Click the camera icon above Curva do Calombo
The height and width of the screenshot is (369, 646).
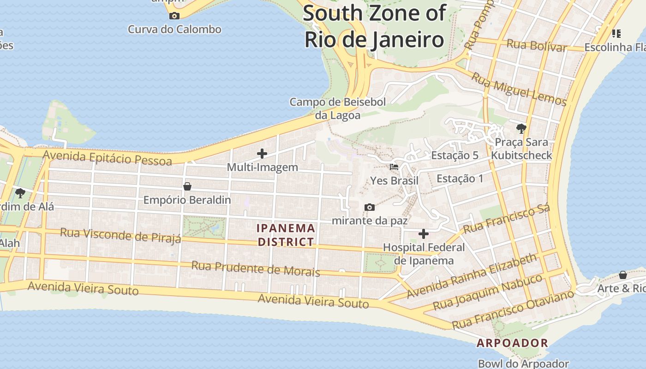tap(174, 16)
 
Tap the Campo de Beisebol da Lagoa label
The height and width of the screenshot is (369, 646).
tap(337, 108)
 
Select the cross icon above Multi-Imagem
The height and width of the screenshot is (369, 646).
tap(262, 154)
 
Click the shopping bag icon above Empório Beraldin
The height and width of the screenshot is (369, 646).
tap(187, 186)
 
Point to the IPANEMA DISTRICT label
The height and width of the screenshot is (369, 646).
tap(286, 235)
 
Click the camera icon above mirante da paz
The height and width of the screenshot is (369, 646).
tap(369, 208)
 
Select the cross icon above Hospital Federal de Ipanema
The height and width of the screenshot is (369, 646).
tap(423, 234)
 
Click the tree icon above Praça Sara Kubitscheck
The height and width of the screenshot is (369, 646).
tap(521, 128)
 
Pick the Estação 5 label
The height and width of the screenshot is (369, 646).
tap(455, 155)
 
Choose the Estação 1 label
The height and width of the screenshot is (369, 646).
tap(460, 179)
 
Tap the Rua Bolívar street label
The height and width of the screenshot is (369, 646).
tap(537, 45)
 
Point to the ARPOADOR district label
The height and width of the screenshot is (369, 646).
tap(512, 343)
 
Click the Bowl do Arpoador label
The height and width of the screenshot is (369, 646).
tap(523, 363)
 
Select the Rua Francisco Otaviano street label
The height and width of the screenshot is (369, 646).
tap(513, 309)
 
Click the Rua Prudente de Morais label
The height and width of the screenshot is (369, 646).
tap(256, 268)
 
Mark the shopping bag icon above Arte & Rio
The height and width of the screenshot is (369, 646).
tap(622, 275)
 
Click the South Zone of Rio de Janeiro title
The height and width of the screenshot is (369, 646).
tap(374, 26)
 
